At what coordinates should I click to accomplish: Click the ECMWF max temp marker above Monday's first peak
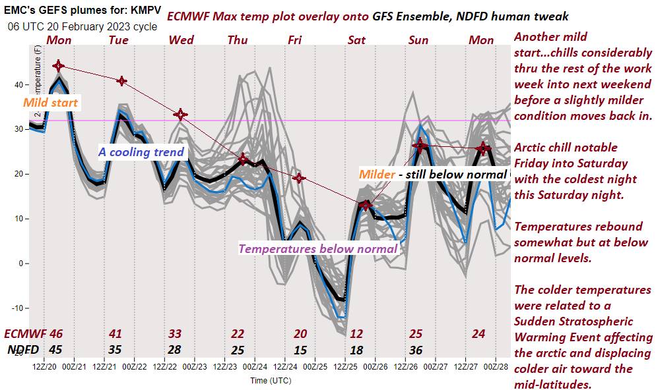click(x=59, y=65)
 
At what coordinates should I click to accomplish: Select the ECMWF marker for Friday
click(x=299, y=178)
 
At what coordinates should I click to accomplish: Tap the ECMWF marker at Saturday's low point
click(x=366, y=206)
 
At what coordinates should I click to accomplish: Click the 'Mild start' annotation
click(x=50, y=103)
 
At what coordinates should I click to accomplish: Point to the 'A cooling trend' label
click(x=141, y=152)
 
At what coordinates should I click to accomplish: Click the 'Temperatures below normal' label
click(x=317, y=248)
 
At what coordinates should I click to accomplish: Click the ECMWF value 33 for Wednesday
click(x=175, y=334)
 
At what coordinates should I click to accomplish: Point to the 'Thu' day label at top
click(x=238, y=40)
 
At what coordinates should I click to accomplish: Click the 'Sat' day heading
click(x=356, y=40)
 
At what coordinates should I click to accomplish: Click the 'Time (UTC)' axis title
click(x=271, y=380)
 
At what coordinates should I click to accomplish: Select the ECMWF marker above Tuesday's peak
click(x=121, y=80)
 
